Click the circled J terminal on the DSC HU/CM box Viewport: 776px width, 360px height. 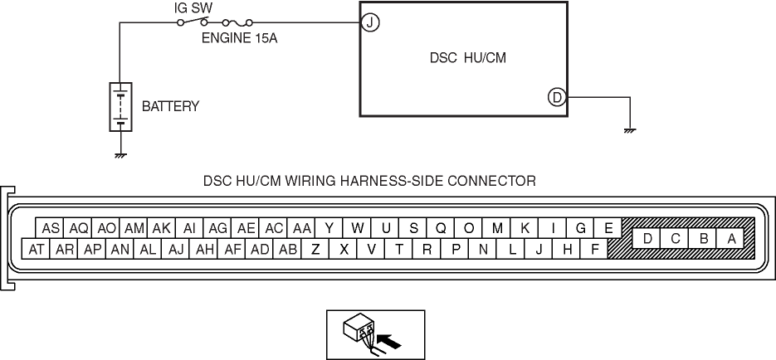pos(370,23)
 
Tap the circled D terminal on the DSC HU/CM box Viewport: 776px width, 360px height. pos(557,98)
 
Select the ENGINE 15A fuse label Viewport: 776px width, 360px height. pos(238,37)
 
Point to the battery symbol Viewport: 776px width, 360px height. pos(121,106)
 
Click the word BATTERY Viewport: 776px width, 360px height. pos(171,107)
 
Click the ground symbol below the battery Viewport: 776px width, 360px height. pos(121,155)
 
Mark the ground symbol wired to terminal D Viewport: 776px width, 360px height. pos(631,130)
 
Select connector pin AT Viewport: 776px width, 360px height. pos(37,248)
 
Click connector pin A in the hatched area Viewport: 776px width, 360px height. pos(731,238)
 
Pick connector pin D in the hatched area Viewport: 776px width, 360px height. pos(647,238)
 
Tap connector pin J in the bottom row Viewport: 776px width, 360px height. pos(539,248)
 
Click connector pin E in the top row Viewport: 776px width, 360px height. pos(608,228)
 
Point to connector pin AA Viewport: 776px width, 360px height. pos(301,228)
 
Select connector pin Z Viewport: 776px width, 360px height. pos(315,248)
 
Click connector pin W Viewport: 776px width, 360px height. pos(358,228)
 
